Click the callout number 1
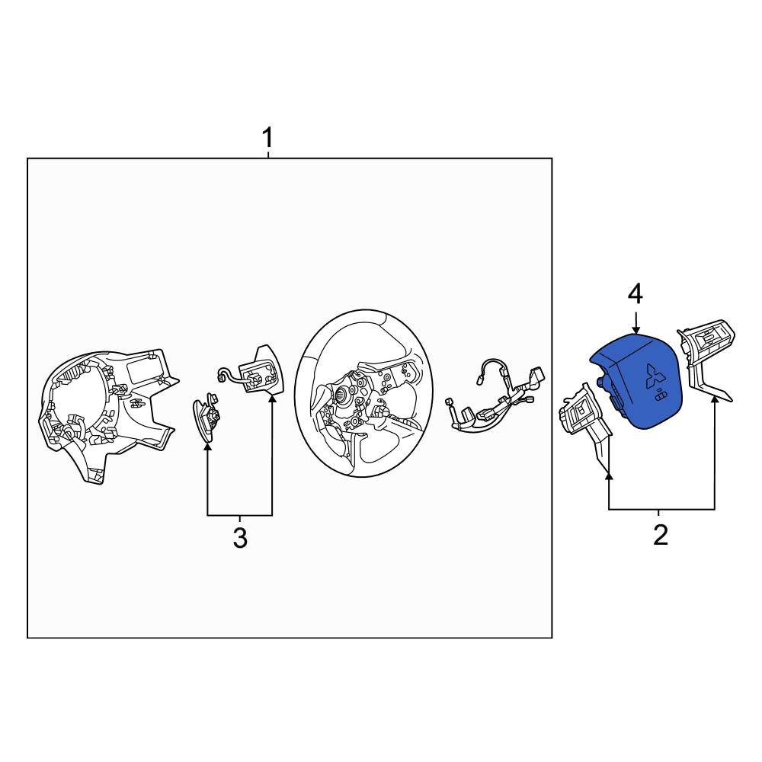[x=267, y=138]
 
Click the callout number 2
[x=661, y=536]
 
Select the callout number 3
[x=240, y=539]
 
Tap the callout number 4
[x=636, y=295]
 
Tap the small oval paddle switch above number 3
[x=205, y=418]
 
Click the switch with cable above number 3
[x=254, y=371]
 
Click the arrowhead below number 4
[x=636, y=330]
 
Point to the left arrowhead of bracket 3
[x=207, y=447]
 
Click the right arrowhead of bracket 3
[x=272, y=399]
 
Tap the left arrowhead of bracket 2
[x=609, y=476]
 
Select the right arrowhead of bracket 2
[x=715, y=400]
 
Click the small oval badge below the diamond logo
[x=660, y=397]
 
